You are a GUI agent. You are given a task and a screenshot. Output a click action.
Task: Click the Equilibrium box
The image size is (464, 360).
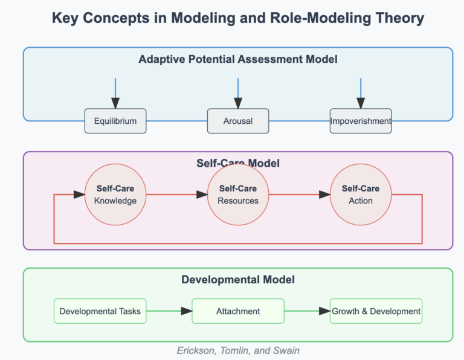115,121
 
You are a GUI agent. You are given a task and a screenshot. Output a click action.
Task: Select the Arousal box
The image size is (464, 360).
238,121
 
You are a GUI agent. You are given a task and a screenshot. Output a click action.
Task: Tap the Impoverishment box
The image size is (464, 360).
361,121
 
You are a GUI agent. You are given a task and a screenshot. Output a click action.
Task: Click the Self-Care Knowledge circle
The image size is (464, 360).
115,194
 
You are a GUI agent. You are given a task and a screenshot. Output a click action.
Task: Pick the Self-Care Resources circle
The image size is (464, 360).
238,194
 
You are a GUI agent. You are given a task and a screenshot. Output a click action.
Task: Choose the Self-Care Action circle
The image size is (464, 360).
361,194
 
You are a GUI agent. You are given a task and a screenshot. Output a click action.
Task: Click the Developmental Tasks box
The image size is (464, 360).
100,311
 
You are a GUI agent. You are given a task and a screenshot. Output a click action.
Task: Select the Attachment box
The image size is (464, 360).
238,311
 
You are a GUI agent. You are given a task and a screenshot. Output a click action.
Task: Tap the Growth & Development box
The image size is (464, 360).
376,311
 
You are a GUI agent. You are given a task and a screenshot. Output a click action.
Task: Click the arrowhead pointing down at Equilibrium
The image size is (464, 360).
115,103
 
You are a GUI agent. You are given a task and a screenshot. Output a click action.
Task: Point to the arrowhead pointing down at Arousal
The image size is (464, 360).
238,103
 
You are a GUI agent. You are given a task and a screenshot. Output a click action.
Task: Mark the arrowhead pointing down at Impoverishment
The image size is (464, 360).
361,103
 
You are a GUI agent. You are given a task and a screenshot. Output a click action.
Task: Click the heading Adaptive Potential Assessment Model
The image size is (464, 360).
238,59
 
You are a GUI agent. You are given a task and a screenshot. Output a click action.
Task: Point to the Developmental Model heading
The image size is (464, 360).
238,280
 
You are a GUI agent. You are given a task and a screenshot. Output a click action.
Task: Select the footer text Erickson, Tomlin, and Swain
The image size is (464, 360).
238,350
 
